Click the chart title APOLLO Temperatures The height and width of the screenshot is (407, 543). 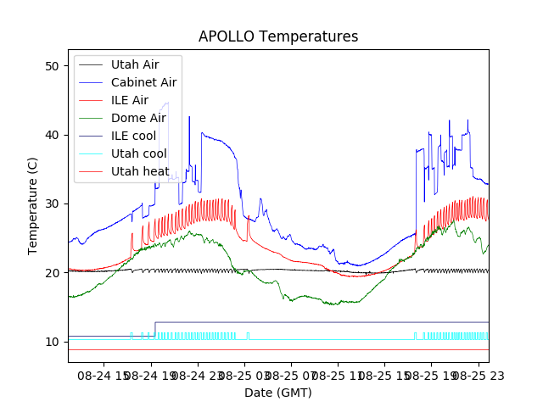point(278,36)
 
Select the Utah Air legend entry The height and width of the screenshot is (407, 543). point(134,64)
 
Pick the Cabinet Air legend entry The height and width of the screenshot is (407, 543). point(143,82)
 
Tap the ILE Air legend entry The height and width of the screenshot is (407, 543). point(129,100)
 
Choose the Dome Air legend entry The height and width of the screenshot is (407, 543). point(138,118)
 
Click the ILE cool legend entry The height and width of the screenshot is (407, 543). point(132,136)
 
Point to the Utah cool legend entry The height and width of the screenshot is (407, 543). point(138,153)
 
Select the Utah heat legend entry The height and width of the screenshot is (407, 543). point(139,171)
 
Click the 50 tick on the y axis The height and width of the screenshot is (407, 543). point(53,66)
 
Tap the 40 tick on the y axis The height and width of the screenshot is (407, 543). point(53,135)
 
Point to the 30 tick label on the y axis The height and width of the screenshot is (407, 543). point(53,203)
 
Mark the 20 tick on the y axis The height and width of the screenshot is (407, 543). point(53,273)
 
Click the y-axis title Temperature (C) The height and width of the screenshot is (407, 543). point(33,205)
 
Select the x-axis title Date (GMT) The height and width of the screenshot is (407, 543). point(278,393)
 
